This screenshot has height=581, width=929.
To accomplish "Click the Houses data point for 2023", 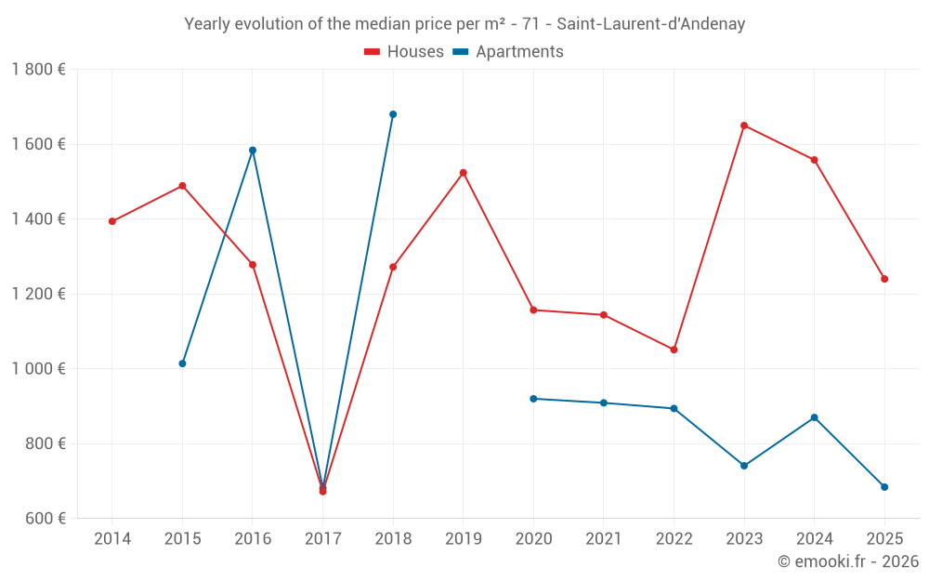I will point(744,125).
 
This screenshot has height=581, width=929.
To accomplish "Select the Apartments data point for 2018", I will point(393,114).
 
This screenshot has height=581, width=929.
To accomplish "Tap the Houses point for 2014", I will point(112,221).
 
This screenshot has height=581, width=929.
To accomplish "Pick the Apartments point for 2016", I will point(253,151).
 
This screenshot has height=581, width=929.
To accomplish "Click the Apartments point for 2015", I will point(182,363).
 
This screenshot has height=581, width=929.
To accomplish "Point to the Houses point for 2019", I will point(463,173).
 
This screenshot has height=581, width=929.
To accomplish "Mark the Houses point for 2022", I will point(674,350).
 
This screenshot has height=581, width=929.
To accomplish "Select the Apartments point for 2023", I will point(744,466).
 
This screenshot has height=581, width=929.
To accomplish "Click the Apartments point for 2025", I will point(884,487).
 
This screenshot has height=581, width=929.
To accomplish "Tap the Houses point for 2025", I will point(884,279).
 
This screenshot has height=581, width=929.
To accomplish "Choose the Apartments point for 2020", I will point(533,399).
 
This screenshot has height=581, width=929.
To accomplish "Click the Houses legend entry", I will point(404,52).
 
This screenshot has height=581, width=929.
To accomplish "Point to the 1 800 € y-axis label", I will point(38,70).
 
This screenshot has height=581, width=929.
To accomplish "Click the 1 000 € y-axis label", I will point(38,369).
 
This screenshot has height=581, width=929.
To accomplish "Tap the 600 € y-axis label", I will point(45,519).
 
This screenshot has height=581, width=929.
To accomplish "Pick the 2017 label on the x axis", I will point(322,539).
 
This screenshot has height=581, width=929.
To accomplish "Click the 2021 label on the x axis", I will point(604,539).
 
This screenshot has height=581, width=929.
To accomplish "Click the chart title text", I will point(464,24).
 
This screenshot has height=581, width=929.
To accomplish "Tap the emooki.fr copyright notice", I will point(847,561).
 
